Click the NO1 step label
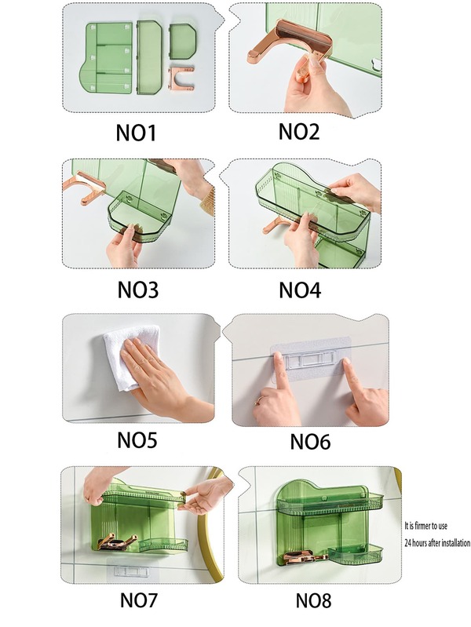136,133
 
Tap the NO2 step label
299,132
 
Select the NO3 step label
137,290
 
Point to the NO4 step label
300,290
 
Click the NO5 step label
137,440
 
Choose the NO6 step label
310,442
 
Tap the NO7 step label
139,600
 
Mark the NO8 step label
313,600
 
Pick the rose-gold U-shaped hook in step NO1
181,78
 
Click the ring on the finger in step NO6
259,400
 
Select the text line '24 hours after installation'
437,542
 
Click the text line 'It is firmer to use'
425,526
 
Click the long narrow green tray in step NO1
148,57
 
